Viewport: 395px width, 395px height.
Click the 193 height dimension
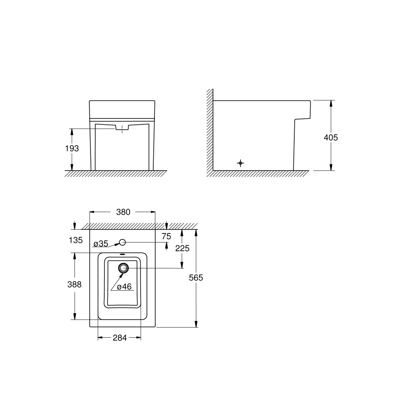(72, 149)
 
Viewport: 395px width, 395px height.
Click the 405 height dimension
(331, 137)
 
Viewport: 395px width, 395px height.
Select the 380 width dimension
(123, 212)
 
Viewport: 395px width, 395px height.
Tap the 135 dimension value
(75, 240)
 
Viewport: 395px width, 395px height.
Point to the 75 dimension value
(166, 236)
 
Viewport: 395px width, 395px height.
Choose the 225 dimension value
(182, 248)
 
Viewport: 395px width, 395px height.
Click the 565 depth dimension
(196, 277)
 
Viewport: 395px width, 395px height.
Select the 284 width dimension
(119, 338)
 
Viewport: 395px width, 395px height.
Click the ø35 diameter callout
(101, 244)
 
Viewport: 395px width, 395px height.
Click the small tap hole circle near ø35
(123, 242)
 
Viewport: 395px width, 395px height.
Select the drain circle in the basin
(123, 268)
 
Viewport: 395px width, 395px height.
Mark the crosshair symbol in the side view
(241, 163)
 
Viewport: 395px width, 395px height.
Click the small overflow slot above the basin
(123, 255)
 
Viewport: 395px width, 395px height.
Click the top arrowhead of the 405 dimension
(331, 102)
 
